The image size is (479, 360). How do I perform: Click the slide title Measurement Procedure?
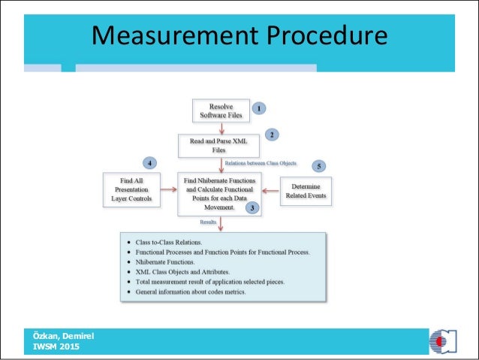239,35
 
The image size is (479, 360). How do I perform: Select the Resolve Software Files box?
220,111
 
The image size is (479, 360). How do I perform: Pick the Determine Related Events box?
306,192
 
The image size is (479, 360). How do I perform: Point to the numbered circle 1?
258,107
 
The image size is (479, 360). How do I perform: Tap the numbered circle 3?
255,207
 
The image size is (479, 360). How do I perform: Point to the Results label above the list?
209,222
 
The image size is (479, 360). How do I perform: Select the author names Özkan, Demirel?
63,335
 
